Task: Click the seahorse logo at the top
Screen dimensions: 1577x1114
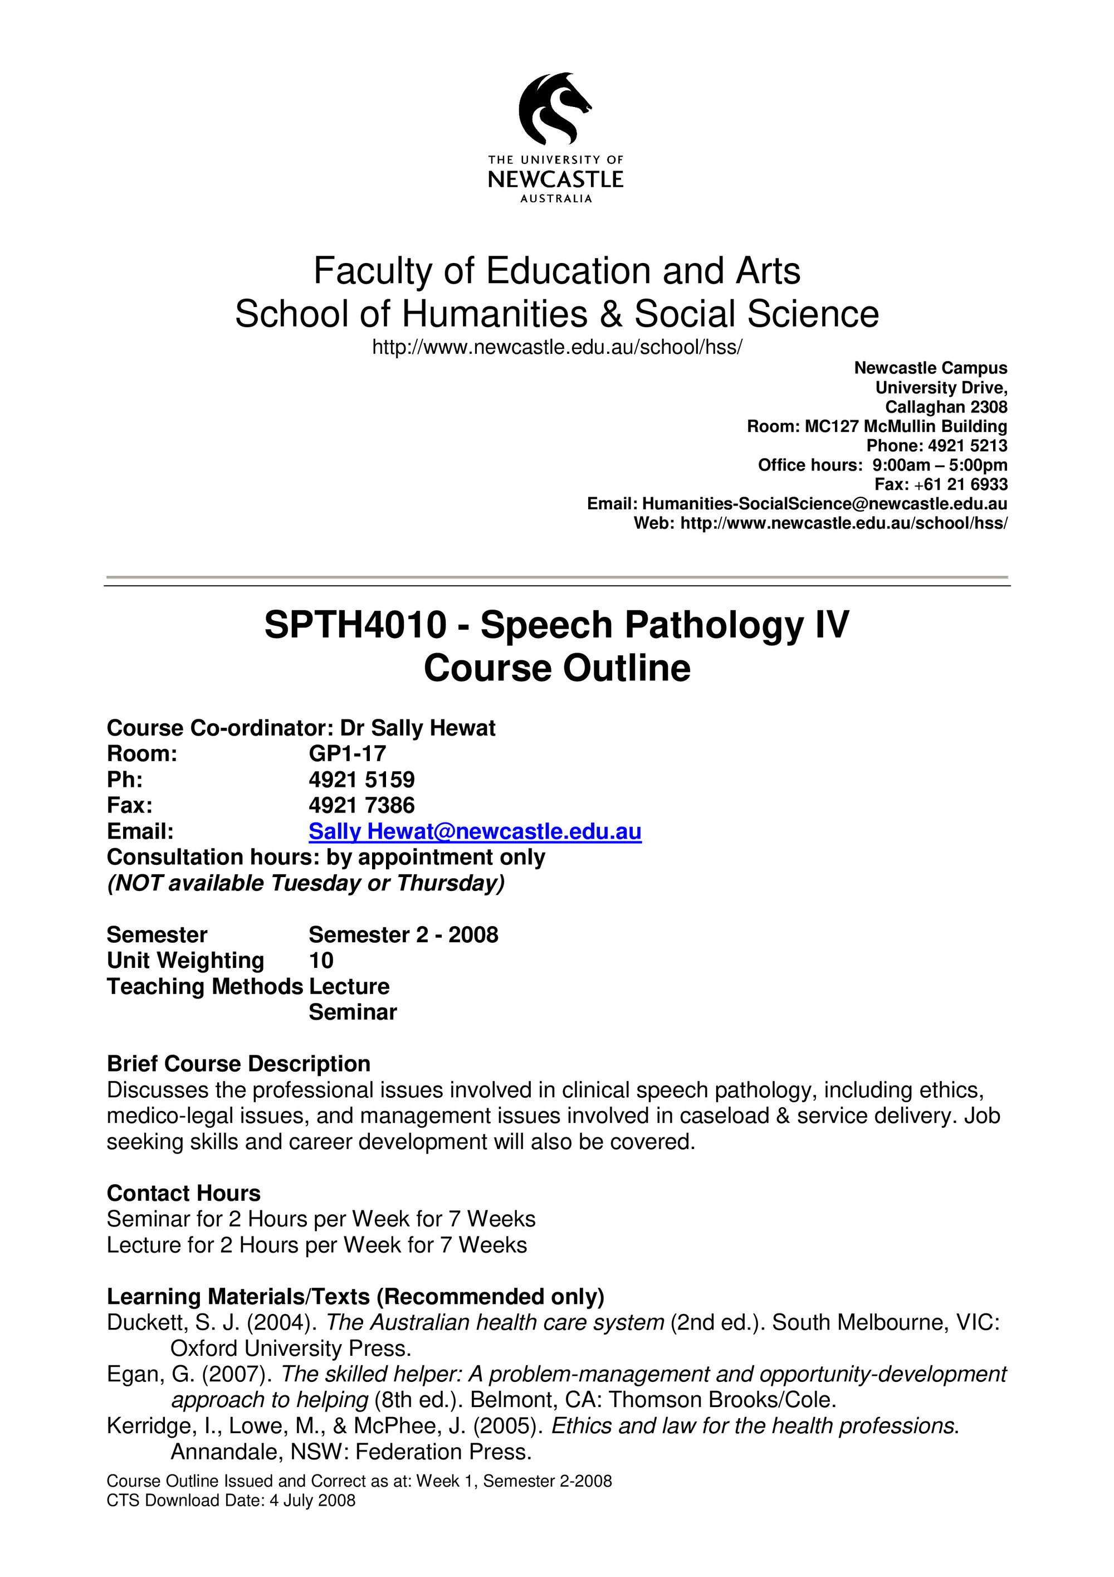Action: [555, 109]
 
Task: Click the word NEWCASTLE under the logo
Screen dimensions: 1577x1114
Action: [555, 180]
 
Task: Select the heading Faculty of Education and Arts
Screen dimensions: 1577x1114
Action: [556, 271]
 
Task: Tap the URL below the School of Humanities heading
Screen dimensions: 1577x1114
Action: [556, 348]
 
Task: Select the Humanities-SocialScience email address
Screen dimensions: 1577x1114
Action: [824, 503]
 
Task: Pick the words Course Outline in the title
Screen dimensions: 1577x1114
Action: [556, 668]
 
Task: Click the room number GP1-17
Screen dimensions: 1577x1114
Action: [348, 753]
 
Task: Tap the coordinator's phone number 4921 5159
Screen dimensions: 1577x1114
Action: [361, 780]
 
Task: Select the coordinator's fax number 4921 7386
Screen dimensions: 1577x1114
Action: [361, 805]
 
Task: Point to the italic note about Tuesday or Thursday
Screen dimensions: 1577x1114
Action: [305, 883]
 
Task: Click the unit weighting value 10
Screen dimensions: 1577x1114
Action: [320, 960]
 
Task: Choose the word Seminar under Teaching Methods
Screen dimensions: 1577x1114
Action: [353, 1012]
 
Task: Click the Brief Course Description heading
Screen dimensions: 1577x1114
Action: [238, 1063]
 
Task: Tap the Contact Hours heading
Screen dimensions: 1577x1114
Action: [183, 1193]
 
